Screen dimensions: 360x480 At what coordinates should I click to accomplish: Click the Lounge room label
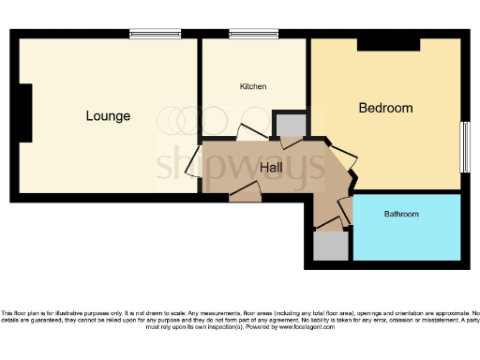coord(108,116)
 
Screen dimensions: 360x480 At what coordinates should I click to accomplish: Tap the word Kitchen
coord(253,86)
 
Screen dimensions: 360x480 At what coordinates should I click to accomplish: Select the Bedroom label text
coord(385,108)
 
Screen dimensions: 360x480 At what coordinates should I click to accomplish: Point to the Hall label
coord(272,166)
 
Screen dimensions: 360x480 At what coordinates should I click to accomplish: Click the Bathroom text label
coord(401,215)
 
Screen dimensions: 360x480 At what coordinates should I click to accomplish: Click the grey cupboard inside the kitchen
coord(287,126)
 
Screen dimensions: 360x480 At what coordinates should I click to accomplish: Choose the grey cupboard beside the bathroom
coord(330,247)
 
